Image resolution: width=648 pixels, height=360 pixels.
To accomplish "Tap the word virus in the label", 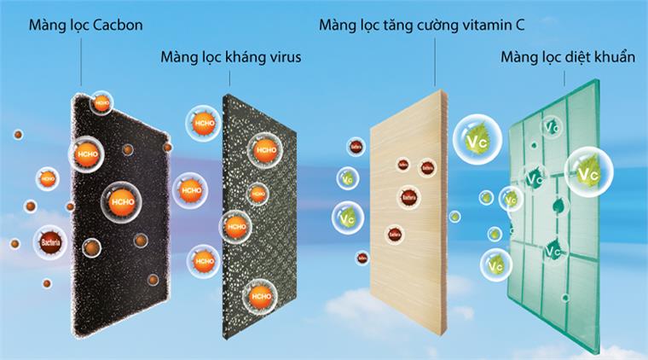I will [284, 58].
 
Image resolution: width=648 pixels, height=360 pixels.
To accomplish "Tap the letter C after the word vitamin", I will [519, 22].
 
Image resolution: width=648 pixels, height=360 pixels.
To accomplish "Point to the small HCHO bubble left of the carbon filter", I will [47, 179].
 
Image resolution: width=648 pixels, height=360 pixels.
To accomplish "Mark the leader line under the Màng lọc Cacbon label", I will [82, 60].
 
